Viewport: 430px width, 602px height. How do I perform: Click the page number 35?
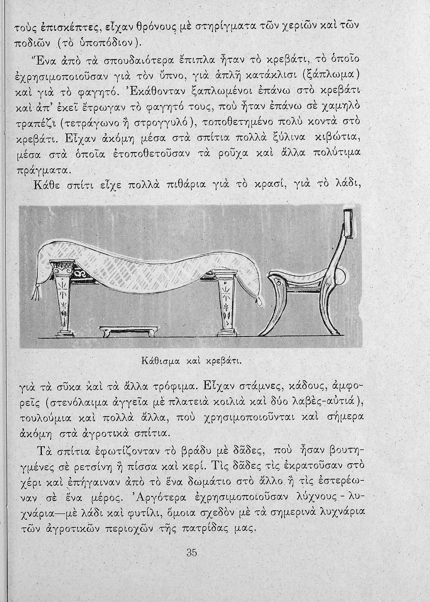pos(192,553)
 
